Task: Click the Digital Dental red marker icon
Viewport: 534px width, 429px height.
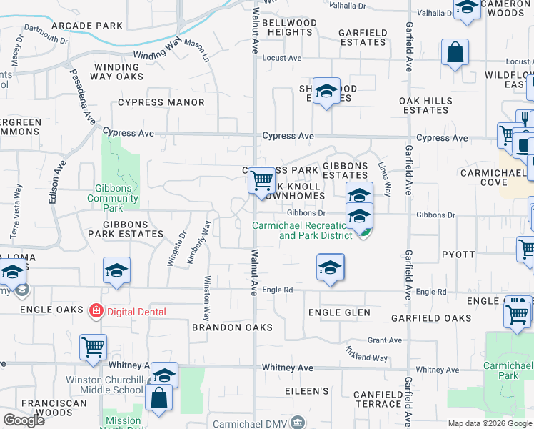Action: (95, 311)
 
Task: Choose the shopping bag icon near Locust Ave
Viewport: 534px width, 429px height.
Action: (455, 53)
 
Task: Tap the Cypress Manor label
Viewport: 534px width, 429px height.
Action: (161, 102)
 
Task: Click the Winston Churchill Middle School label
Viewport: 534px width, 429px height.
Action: (105, 385)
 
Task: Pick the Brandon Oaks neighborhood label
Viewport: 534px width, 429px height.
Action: (232, 327)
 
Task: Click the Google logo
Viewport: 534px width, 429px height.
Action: (24, 420)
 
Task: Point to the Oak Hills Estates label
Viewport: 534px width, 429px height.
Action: (425, 105)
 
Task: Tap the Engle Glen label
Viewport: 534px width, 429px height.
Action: (339, 312)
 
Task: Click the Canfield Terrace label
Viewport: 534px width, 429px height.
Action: (368, 399)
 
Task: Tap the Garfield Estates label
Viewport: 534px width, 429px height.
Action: (363, 37)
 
